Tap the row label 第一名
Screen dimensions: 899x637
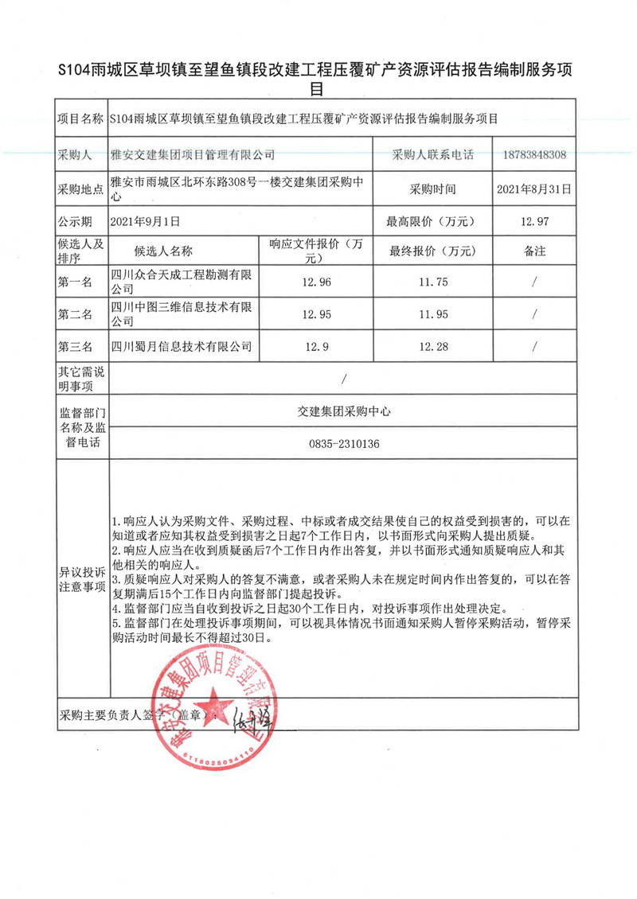(x=76, y=282)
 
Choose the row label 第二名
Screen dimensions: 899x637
(x=76, y=314)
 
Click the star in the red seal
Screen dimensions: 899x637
(x=213, y=702)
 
